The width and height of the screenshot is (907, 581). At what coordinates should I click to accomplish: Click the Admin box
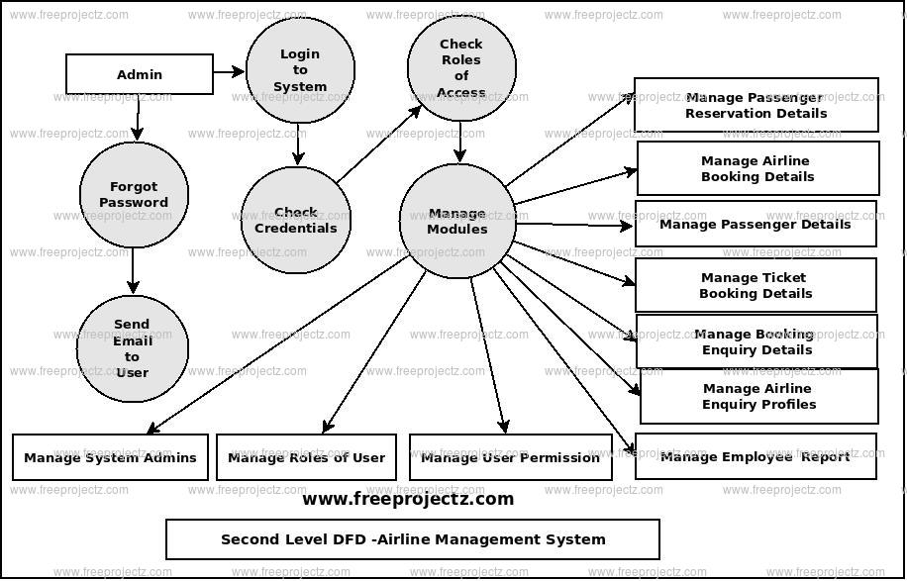click(140, 74)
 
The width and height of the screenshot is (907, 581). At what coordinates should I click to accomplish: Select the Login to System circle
click(300, 70)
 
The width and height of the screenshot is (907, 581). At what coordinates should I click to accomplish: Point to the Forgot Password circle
click(134, 195)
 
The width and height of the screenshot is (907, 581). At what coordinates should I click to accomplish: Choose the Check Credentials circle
click(295, 220)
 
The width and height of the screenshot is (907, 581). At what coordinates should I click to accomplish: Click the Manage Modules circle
click(456, 221)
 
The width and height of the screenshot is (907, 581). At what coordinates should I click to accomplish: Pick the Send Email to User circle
click(132, 348)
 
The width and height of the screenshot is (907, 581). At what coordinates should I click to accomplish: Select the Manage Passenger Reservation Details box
click(756, 105)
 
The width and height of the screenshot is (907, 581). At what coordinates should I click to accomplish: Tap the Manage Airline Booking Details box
click(757, 168)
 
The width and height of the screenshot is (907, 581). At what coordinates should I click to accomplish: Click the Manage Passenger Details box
click(756, 224)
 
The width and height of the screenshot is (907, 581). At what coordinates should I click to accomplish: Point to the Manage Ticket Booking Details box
click(756, 285)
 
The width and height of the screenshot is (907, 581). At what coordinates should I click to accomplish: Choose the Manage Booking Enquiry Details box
click(756, 341)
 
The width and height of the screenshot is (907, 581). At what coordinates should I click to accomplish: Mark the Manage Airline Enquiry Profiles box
click(758, 396)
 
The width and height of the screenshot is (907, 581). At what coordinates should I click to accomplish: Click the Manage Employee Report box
click(756, 456)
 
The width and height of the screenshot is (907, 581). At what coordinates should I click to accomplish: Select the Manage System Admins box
click(111, 457)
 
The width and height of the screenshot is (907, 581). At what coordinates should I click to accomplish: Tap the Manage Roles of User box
click(307, 457)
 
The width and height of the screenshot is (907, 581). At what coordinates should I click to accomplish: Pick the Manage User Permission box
click(510, 457)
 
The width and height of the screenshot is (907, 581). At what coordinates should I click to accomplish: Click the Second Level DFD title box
click(413, 539)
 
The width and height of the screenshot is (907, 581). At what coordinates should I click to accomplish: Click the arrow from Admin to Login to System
click(229, 71)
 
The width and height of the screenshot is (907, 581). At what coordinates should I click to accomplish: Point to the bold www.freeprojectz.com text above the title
click(408, 499)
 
